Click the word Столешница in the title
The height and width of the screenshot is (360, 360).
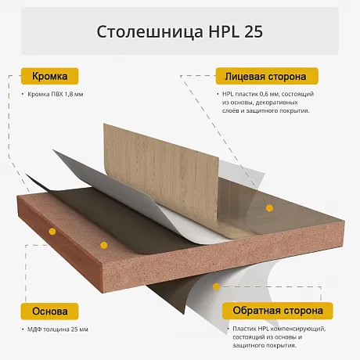pyautogui.click(x=149, y=31)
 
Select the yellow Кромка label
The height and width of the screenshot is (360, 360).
pyautogui.click(x=49, y=76)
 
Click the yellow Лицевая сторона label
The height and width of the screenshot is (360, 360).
pyautogui.click(x=267, y=76)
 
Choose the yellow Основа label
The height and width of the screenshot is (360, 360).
pyautogui.click(x=49, y=311)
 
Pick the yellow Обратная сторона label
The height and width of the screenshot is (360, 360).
pyautogui.click(x=278, y=311)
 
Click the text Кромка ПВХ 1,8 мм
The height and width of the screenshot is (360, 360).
pyautogui.click(x=56, y=94)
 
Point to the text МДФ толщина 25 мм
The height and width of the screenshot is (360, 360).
pyautogui.click(x=58, y=329)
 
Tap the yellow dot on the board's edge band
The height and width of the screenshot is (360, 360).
pyautogui.click(x=52, y=232)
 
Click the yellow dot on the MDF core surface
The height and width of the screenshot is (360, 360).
pyautogui.click(x=104, y=245)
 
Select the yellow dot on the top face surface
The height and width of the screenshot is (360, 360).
pyautogui.click(x=269, y=208)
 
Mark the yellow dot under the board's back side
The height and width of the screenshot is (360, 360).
pyautogui.click(x=216, y=286)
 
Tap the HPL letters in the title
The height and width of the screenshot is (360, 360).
pyautogui.click(x=224, y=31)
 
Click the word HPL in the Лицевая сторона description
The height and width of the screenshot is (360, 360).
pyautogui.click(x=228, y=94)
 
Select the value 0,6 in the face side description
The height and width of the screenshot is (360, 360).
pyautogui.click(x=264, y=94)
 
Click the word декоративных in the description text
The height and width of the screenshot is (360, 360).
pyautogui.click(x=277, y=103)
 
